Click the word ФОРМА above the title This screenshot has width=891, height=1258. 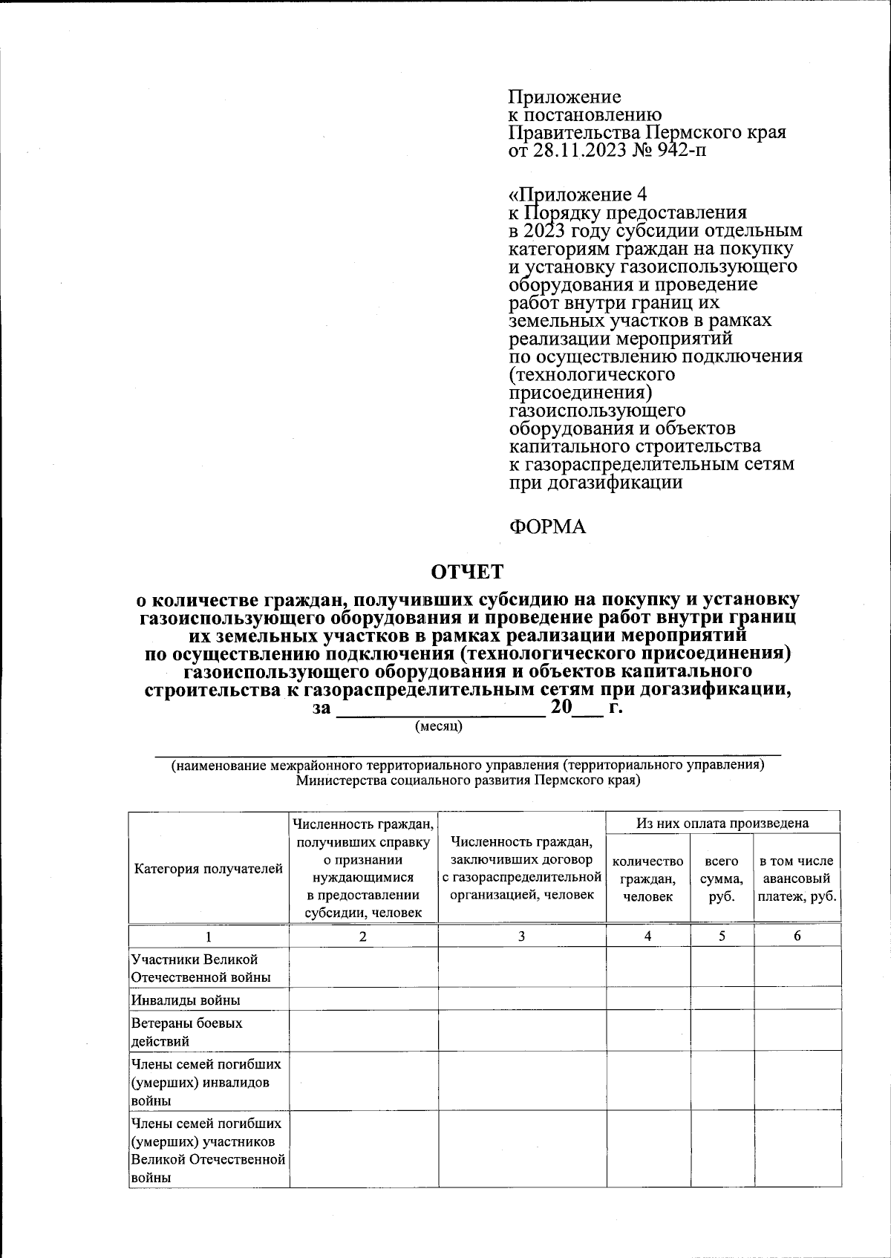pos(546,527)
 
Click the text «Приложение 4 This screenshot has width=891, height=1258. pos(578,194)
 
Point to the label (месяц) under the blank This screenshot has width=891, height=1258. pos(438,726)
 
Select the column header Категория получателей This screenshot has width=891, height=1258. pos(209,868)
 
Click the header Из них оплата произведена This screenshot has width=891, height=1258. pos(722,823)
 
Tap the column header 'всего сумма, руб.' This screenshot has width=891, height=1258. pos(722,879)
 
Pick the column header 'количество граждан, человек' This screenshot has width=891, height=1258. pos(647,879)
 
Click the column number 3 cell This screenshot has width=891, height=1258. pos(521,936)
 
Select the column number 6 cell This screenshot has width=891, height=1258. pos(797,936)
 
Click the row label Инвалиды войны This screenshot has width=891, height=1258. pos(186,1000)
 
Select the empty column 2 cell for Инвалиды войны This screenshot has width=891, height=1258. pos(362,1000)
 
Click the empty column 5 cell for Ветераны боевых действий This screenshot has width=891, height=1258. pos(722,1031)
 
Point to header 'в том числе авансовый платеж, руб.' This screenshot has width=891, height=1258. pos(797,879)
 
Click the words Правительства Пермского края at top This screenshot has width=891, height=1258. pos(647,133)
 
